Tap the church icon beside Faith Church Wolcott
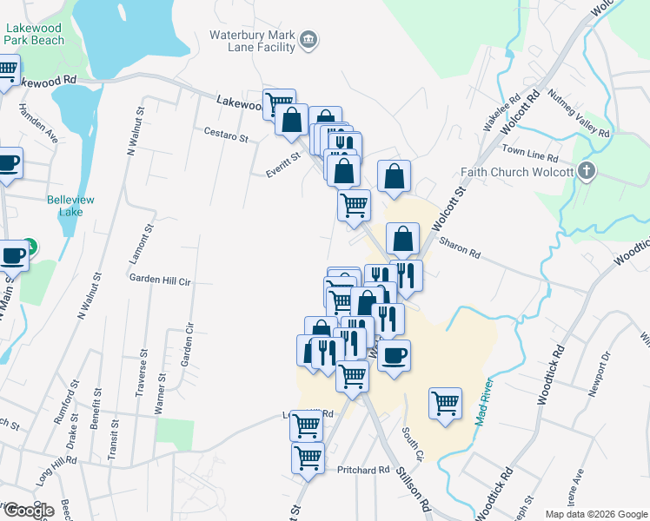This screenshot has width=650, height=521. click(587, 171)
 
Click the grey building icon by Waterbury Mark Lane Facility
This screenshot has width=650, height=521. click(308, 40)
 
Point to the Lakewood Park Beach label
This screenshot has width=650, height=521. click(35, 34)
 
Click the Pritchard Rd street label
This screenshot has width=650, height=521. click(363, 470)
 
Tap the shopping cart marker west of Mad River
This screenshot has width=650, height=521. click(445, 403)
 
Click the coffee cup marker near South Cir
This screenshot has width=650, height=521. click(394, 355)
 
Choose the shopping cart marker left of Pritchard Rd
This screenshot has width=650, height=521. click(308, 458)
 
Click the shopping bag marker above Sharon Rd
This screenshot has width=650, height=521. click(403, 238)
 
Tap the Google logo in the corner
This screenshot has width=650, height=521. click(29, 511)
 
